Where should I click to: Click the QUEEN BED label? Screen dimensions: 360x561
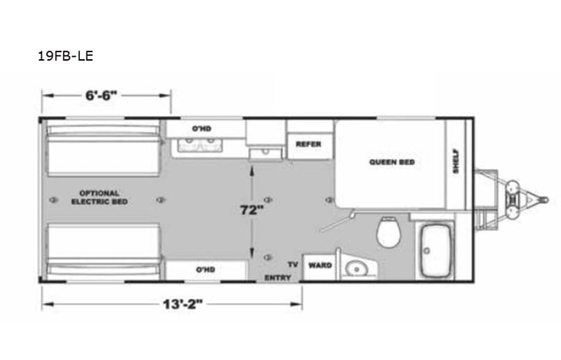[391, 162]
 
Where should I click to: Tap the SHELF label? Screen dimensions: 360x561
[455, 160]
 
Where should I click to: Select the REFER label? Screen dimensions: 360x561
[304, 144]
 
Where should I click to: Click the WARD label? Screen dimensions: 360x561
[319, 266]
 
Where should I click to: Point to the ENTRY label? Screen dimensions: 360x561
[277, 277]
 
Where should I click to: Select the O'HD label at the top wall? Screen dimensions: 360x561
[201, 127]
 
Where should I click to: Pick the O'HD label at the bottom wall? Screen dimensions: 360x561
[203, 270]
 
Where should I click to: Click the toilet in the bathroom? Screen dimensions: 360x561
[388, 231]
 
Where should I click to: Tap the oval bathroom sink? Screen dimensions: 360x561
[356, 268]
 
